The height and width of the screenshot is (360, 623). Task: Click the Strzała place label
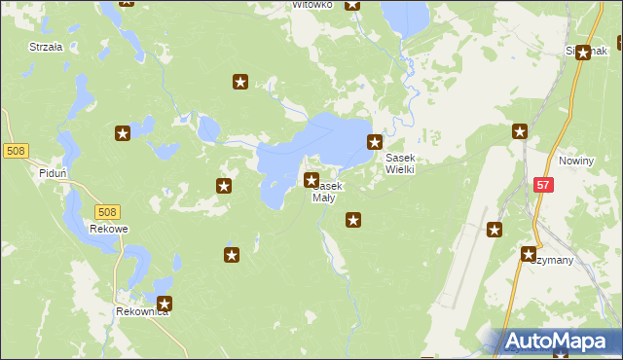point(46,46)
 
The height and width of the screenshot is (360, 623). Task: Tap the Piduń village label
point(53,172)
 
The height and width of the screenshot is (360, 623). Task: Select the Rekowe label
point(109,229)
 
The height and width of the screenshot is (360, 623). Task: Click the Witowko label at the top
point(313,5)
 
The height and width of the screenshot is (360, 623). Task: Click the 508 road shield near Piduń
point(16,151)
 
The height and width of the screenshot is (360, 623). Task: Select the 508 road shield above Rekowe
point(108,211)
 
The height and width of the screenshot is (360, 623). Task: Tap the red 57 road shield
point(543,184)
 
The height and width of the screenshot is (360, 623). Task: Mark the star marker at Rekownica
point(165,304)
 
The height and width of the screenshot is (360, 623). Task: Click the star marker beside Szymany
point(529,255)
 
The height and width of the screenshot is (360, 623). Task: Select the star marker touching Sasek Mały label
point(311,180)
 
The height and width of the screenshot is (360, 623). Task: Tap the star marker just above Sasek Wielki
point(374,142)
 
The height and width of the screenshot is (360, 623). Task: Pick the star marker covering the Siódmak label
point(582,53)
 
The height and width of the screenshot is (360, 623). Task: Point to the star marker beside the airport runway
point(495,230)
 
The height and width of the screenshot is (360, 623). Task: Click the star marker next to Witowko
point(351,4)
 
